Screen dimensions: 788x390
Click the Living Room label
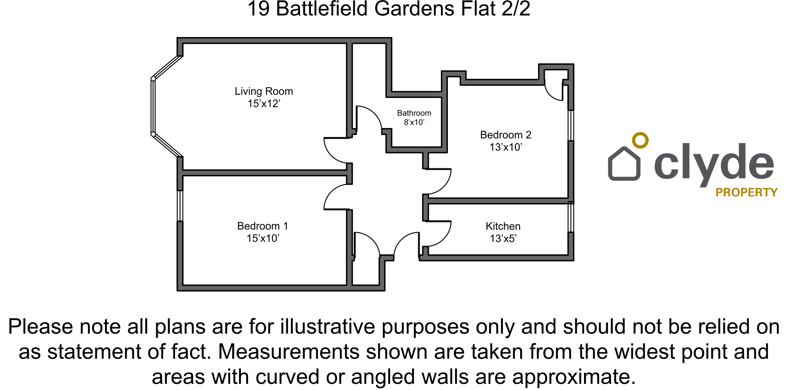[x=264, y=91]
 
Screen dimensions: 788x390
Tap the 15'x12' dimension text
[x=264, y=104]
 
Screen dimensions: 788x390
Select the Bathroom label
[x=414, y=113]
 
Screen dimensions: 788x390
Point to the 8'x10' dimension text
[x=414, y=123]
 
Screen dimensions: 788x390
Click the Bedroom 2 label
[x=506, y=135]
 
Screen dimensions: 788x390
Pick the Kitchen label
[x=503, y=226]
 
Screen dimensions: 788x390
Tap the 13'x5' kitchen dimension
[x=503, y=239]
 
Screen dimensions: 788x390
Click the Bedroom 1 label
[x=262, y=226]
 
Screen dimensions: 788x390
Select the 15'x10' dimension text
[x=262, y=239]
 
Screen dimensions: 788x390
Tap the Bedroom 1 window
[x=180, y=206]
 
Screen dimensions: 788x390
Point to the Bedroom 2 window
[x=571, y=125]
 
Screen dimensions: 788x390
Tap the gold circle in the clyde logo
[x=640, y=141]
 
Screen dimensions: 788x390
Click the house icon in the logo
[x=624, y=165]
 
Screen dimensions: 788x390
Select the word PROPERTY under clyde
[x=746, y=192]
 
